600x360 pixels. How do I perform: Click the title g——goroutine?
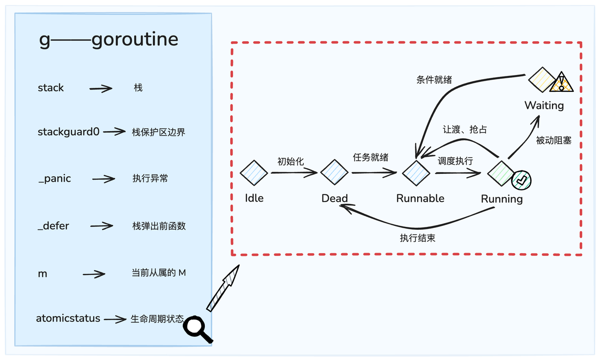109,40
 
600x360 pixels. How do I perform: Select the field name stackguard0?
68,132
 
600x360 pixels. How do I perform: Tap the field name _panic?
54,179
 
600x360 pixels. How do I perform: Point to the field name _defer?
53,226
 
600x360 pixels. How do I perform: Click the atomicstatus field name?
68,319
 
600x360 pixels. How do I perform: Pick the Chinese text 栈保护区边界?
159,132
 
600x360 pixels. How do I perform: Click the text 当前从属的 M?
159,272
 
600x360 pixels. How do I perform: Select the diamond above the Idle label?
254,173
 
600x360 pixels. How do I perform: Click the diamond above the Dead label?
334,173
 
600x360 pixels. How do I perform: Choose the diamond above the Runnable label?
416,173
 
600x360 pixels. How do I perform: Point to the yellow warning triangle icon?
561,83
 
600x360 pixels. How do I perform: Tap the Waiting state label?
544,105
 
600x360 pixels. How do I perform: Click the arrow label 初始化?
291,162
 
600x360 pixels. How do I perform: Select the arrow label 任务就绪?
370,157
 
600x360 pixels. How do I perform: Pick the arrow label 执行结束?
417,238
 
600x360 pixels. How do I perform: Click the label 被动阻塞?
554,140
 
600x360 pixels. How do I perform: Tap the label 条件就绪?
434,80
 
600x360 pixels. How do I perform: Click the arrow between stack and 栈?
101,88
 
